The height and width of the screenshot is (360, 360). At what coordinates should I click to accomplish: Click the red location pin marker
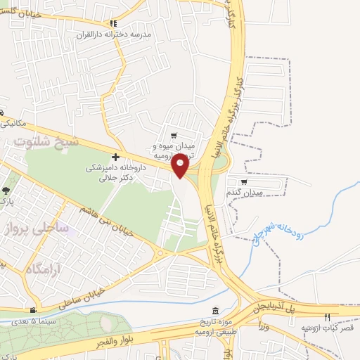click(x=181, y=165)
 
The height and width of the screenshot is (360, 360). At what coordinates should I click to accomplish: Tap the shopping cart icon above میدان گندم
click(x=244, y=181)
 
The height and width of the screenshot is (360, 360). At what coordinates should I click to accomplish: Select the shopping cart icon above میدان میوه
click(x=174, y=135)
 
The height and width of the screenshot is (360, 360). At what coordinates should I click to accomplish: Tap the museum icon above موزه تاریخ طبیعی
click(x=215, y=311)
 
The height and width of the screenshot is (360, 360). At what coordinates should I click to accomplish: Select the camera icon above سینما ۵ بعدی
click(x=32, y=310)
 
